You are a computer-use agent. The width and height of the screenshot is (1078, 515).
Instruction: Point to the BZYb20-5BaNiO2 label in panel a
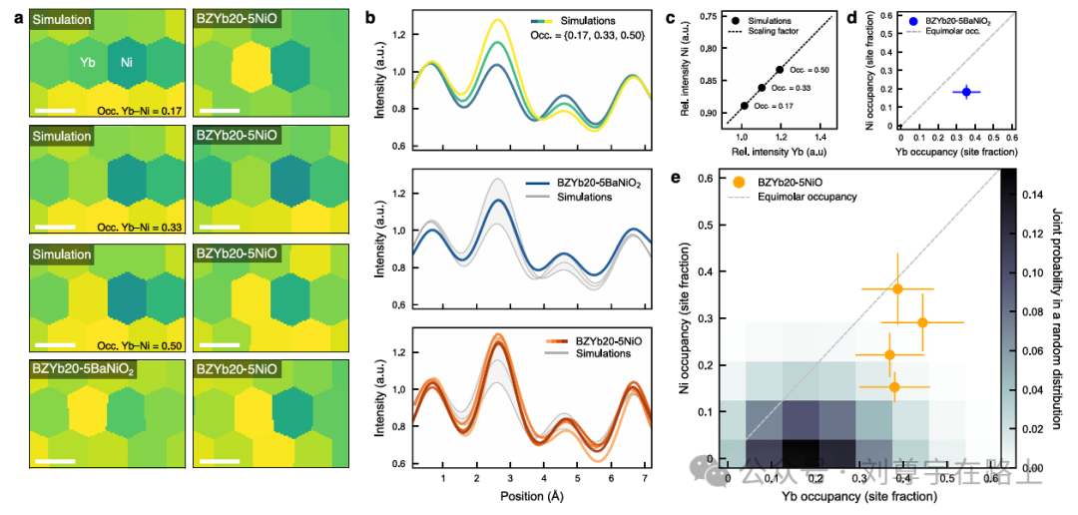[x=89, y=371]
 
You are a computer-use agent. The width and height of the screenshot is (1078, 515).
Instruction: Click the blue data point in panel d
[x=966, y=92]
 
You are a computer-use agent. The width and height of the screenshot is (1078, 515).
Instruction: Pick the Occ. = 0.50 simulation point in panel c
[x=780, y=70]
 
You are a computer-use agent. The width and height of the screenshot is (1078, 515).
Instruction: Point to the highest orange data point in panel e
[x=897, y=288]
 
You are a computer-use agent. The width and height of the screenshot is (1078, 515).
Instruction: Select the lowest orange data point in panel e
[x=894, y=386]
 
